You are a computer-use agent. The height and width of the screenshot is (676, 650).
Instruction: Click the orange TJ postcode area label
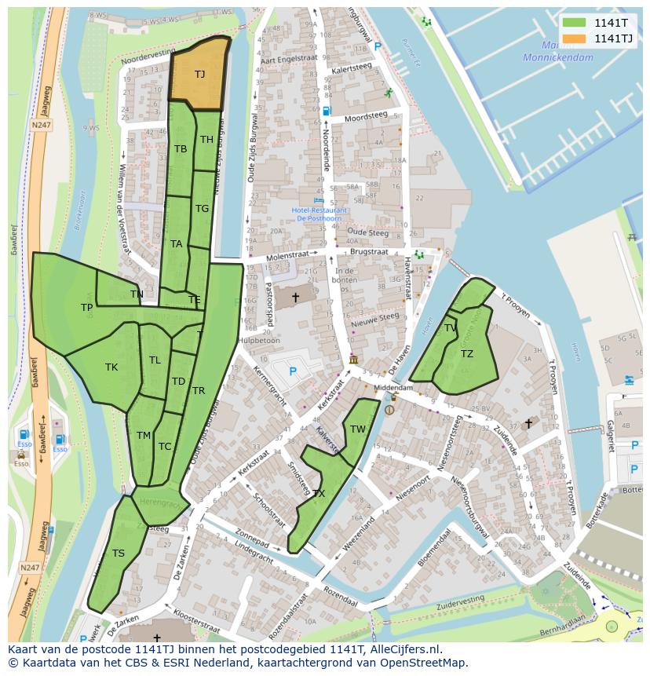(x=199, y=75)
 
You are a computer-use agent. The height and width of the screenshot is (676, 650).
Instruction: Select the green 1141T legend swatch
(x=574, y=23)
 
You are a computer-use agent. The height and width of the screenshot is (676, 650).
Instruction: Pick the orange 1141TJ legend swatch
(x=574, y=38)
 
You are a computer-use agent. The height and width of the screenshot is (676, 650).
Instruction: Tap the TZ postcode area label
(x=467, y=354)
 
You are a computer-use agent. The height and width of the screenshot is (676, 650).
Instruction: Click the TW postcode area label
(x=358, y=429)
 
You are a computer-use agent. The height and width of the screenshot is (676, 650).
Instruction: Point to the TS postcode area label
(x=118, y=553)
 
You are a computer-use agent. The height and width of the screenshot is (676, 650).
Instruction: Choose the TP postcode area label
(x=86, y=308)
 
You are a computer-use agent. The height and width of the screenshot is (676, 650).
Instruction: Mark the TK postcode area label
(x=111, y=367)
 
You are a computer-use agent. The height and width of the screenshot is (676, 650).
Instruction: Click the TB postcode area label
(x=181, y=149)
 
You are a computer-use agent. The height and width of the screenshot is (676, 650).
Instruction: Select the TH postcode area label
(x=206, y=140)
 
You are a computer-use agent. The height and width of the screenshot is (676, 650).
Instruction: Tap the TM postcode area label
(x=143, y=435)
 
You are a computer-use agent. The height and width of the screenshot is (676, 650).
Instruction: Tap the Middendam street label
(x=393, y=388)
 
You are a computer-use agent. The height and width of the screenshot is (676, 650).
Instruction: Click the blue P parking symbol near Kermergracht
(x=293, y=371)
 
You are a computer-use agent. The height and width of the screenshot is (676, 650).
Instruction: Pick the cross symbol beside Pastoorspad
(x=295, y=298)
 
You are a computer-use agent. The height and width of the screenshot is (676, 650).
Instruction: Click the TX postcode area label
(x=319, y=494)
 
